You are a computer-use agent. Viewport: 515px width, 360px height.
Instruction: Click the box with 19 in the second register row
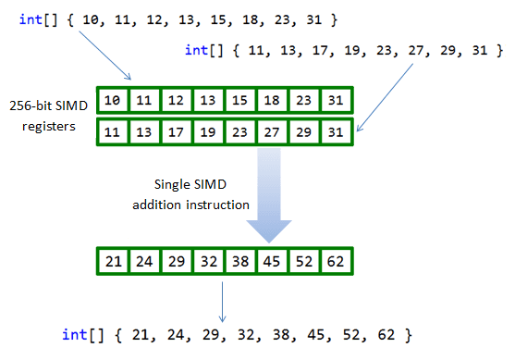[x=207, y=132]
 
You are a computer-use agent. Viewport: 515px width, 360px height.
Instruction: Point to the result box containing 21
[x=114, y=262]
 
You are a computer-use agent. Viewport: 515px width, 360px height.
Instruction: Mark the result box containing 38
[x=239, y=262]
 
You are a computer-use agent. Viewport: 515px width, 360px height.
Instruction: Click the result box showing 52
[x=300, y=262]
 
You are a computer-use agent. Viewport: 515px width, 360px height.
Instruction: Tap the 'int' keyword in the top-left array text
[x=29, y=19]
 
